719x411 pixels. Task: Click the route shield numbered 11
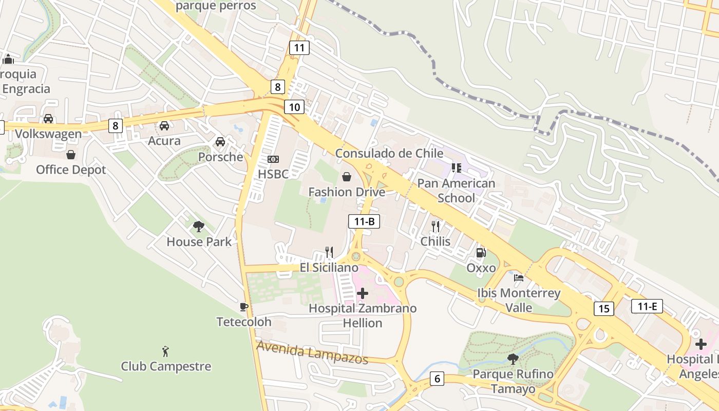tap(299, 48)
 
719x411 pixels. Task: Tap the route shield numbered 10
tap(294, 107)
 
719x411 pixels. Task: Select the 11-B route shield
tap(364, 221)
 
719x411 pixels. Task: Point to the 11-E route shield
tap(647, 307)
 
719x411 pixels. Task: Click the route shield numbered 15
tap(603, 309)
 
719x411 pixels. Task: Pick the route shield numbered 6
tap(437, 379)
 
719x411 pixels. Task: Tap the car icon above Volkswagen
tap(48, 119)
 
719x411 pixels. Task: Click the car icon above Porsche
tap(220, 141)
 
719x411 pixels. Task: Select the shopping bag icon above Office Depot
tap(71, 154)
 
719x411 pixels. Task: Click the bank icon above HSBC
tap(273, 159)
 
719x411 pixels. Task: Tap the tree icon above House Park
tap(199, 226)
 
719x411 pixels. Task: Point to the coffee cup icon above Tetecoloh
tap(244, 307)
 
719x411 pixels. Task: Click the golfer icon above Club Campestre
tap(165, 351)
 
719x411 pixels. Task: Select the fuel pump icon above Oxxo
tap(481, 252)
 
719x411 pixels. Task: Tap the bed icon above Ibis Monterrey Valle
tap(519, 278)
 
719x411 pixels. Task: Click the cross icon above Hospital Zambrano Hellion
tap(363, 293)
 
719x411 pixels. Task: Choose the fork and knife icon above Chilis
tap(436, 226)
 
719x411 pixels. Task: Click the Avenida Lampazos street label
tap(312, 352)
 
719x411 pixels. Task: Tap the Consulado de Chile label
tap(389, 153)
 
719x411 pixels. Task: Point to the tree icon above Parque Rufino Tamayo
tap(513, 359)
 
